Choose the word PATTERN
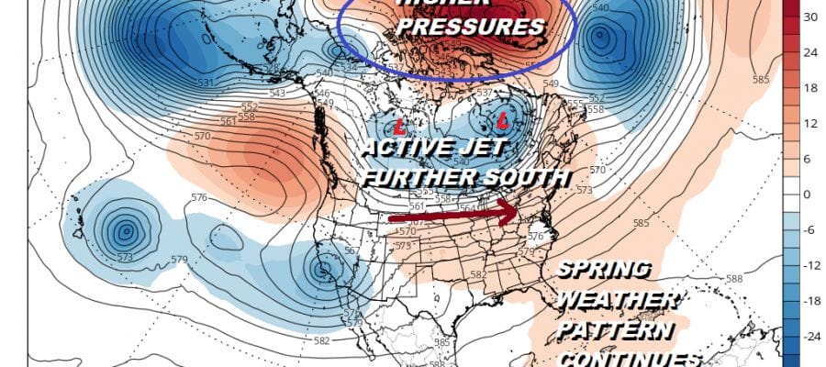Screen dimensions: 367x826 616,329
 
